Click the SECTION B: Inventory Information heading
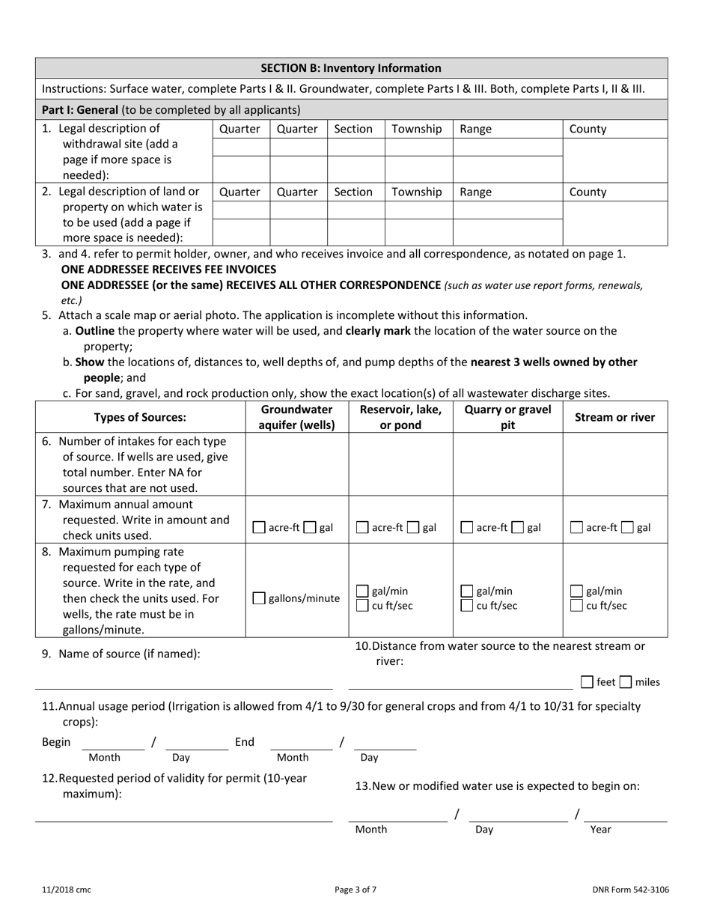click(x=350, y=68)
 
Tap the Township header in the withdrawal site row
click(x=417, y=129)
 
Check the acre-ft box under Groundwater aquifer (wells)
click(x=259, y=528)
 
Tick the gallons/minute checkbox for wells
click(x=259, y=598)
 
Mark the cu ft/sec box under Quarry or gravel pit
click(x=466, y=606)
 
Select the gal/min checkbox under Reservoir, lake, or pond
click(x=361, y=591)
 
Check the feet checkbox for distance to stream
click(x=588, y=682)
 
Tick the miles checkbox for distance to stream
click(x=626, y=682)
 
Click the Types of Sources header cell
click(x=140, y=417)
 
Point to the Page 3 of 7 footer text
click(x=355, y=890)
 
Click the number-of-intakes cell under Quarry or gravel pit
click(x=507, y=464)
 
